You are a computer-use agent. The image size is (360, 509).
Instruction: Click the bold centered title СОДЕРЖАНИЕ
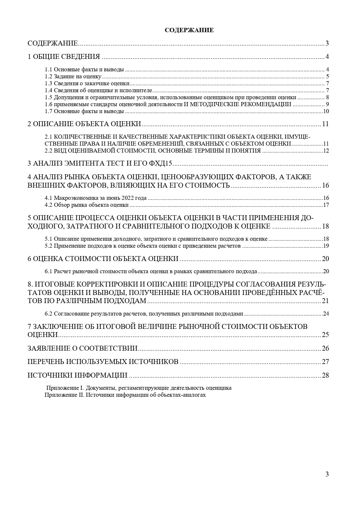point(189,30)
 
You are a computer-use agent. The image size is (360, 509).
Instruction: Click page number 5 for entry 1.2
point(327,77)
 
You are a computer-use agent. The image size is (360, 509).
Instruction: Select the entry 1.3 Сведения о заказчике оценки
point(87,84)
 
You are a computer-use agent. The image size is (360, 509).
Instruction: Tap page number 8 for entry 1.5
point(327,97)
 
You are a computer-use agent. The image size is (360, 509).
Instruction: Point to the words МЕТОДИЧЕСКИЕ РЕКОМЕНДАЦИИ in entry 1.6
point(238,104)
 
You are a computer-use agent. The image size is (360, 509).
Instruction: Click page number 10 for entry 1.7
point(326,111)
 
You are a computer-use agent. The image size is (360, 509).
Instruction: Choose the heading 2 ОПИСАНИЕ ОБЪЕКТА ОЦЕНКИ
point(84,124)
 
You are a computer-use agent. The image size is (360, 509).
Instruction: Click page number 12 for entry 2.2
point(326,151)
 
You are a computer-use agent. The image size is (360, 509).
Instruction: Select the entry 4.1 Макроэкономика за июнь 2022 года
point(96,198)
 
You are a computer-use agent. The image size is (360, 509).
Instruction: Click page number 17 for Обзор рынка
point(326,205)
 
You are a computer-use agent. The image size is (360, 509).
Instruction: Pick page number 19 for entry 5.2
point(326,246)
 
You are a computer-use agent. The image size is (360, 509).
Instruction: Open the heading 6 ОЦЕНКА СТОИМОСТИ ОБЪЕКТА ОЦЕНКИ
point(103,259)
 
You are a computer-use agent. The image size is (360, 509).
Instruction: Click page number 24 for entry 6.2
point(326,314)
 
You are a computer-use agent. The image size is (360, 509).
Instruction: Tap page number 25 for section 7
point(325,335)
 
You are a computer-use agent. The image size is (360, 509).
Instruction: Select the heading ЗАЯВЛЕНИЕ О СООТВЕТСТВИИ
point(82,348)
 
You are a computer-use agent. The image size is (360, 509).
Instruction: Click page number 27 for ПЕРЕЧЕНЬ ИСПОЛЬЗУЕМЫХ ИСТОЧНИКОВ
point(325,362)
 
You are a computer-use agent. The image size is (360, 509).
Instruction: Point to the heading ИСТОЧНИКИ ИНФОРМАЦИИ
point(77,375)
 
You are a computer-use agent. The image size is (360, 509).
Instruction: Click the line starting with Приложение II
point(125,395)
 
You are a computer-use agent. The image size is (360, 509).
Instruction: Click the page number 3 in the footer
point(327,474)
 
